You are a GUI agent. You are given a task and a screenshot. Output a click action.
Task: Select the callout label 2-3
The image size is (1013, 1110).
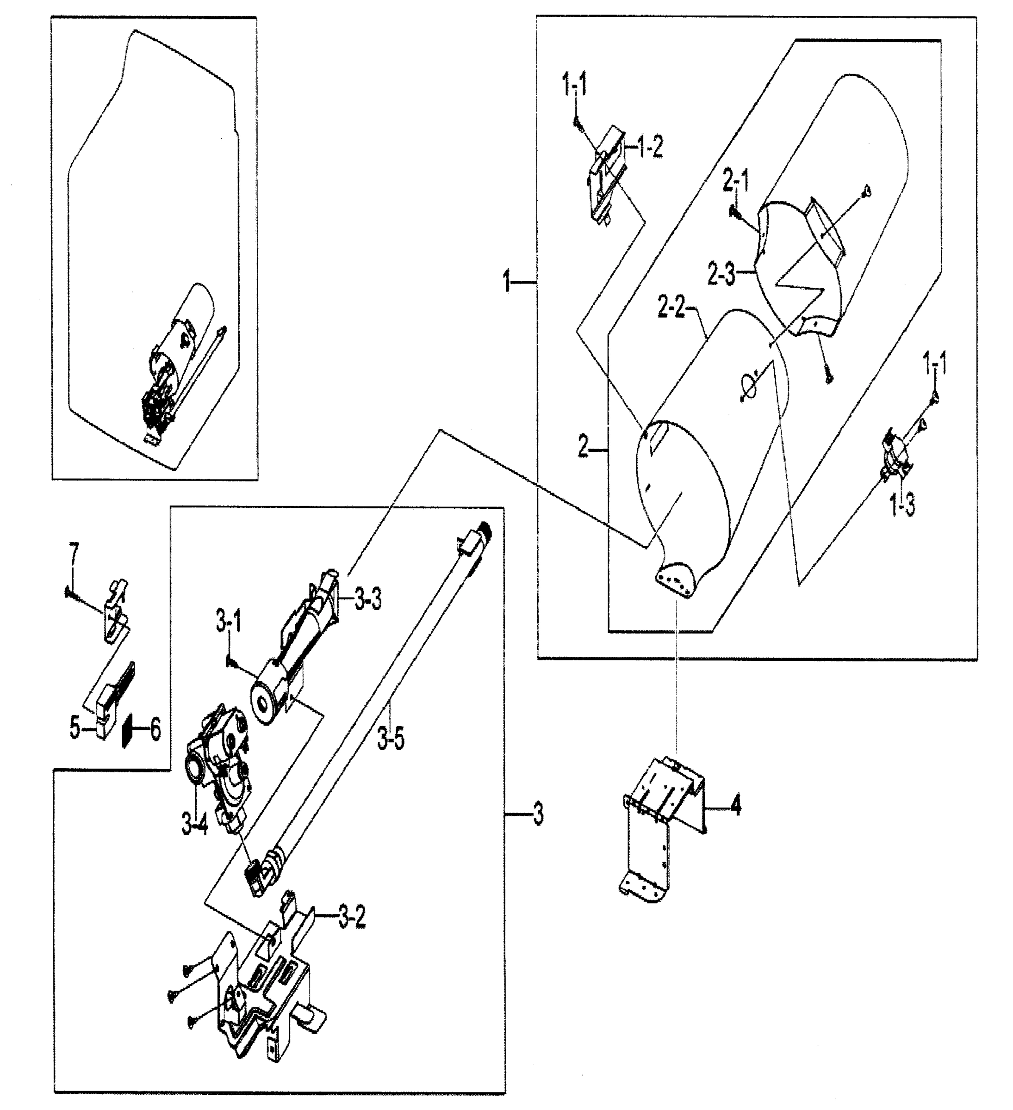coord(721,274)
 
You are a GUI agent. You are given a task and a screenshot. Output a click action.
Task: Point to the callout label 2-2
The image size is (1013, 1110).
coord(671,307)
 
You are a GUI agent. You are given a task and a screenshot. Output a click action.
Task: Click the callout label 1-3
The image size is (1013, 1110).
coord(903,504)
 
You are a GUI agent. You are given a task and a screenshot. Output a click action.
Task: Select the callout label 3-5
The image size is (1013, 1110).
coord(391,738)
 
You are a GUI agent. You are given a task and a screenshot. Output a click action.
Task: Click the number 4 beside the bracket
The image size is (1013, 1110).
coord(736,807)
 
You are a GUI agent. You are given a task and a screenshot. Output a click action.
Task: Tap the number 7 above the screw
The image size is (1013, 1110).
coord(73,553)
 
